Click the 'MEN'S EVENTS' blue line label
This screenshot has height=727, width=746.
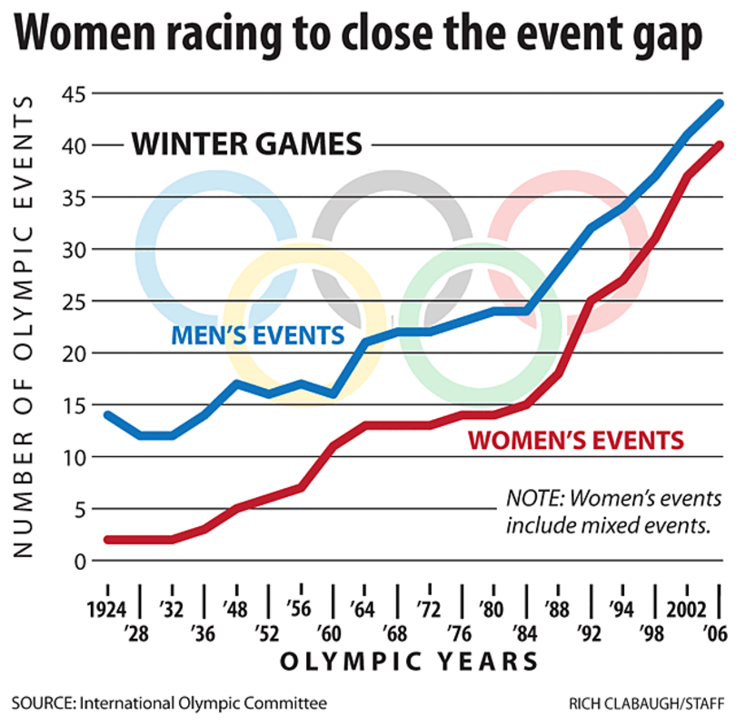point(259,335)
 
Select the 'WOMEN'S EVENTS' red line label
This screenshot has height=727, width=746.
point(574,442)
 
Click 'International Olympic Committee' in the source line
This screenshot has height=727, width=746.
point(201,703)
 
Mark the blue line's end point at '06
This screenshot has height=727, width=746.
point(720,103)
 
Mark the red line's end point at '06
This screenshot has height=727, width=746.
point(720,144)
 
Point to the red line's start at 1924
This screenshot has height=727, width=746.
point(108,540)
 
